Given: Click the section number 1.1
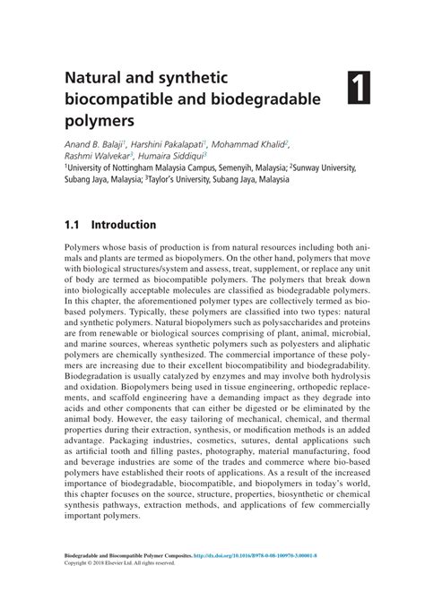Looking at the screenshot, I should point(74,225).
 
